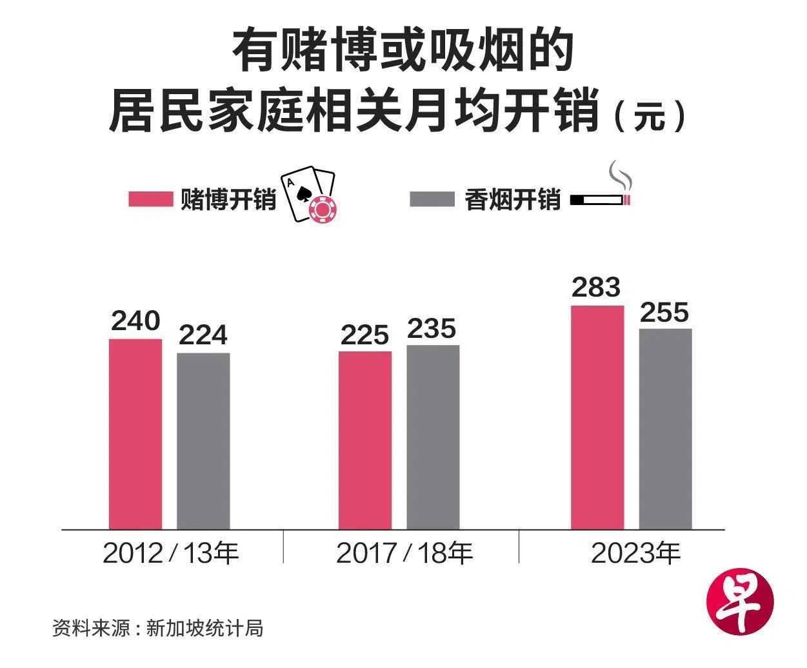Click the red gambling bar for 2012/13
click(135, 433)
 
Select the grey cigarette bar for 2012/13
click(203, 441)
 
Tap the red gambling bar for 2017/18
click(365, 440)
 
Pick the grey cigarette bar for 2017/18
click(433, 437)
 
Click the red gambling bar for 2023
click(597, 417)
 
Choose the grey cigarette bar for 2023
click(665, 429)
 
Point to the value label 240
click(135, 320)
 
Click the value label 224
click(203, 335)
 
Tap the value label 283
click(597, 288)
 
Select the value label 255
click(665, 313)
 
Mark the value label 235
click(432, 329)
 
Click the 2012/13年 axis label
click(171, 553)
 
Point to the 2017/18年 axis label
click(404, 553)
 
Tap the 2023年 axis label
click(635, 553)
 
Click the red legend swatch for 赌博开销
click(151, 199)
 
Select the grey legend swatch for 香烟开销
click(432, 199)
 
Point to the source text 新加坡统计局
click(204, 627)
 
